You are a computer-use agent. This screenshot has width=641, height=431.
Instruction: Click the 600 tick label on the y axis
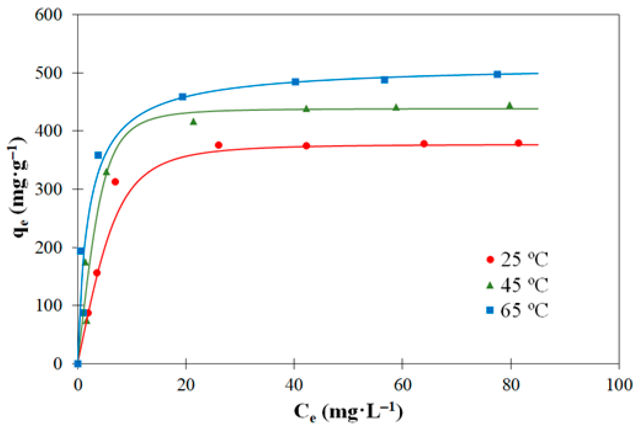[x=48, y=15]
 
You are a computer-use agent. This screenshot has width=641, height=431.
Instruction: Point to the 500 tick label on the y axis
[x=48, y=73]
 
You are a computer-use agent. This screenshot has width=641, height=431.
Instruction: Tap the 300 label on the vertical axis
[x=48, y=189]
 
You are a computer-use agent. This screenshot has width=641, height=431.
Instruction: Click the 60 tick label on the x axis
[x=402, y=385]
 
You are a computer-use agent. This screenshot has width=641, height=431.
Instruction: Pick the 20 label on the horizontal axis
[x=186, y=385]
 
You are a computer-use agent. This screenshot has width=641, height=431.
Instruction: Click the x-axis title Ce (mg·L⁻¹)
[x=348, y=412]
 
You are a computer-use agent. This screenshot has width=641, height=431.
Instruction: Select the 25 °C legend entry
[x=517, y=259]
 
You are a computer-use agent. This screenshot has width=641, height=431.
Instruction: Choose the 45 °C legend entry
[x=517, y=285]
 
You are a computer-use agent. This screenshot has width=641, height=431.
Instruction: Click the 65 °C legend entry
[x=517, y=310]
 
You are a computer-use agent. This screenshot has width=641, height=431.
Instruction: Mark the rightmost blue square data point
[x=497, y=74]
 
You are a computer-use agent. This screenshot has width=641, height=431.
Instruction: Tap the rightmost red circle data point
[x=519, y=143]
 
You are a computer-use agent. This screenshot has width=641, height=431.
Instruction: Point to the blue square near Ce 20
[x=183, y=97]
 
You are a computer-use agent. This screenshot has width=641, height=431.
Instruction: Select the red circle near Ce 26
[x=219, y=145]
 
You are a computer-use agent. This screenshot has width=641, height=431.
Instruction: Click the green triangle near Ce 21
[x=193, y=122]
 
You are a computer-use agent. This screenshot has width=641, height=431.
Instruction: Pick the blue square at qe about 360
[x=98, y=155]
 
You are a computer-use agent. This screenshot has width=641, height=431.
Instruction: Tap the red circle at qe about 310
[x=115, y=182]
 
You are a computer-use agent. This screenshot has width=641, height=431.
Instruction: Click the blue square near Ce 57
[x=384, y=80]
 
